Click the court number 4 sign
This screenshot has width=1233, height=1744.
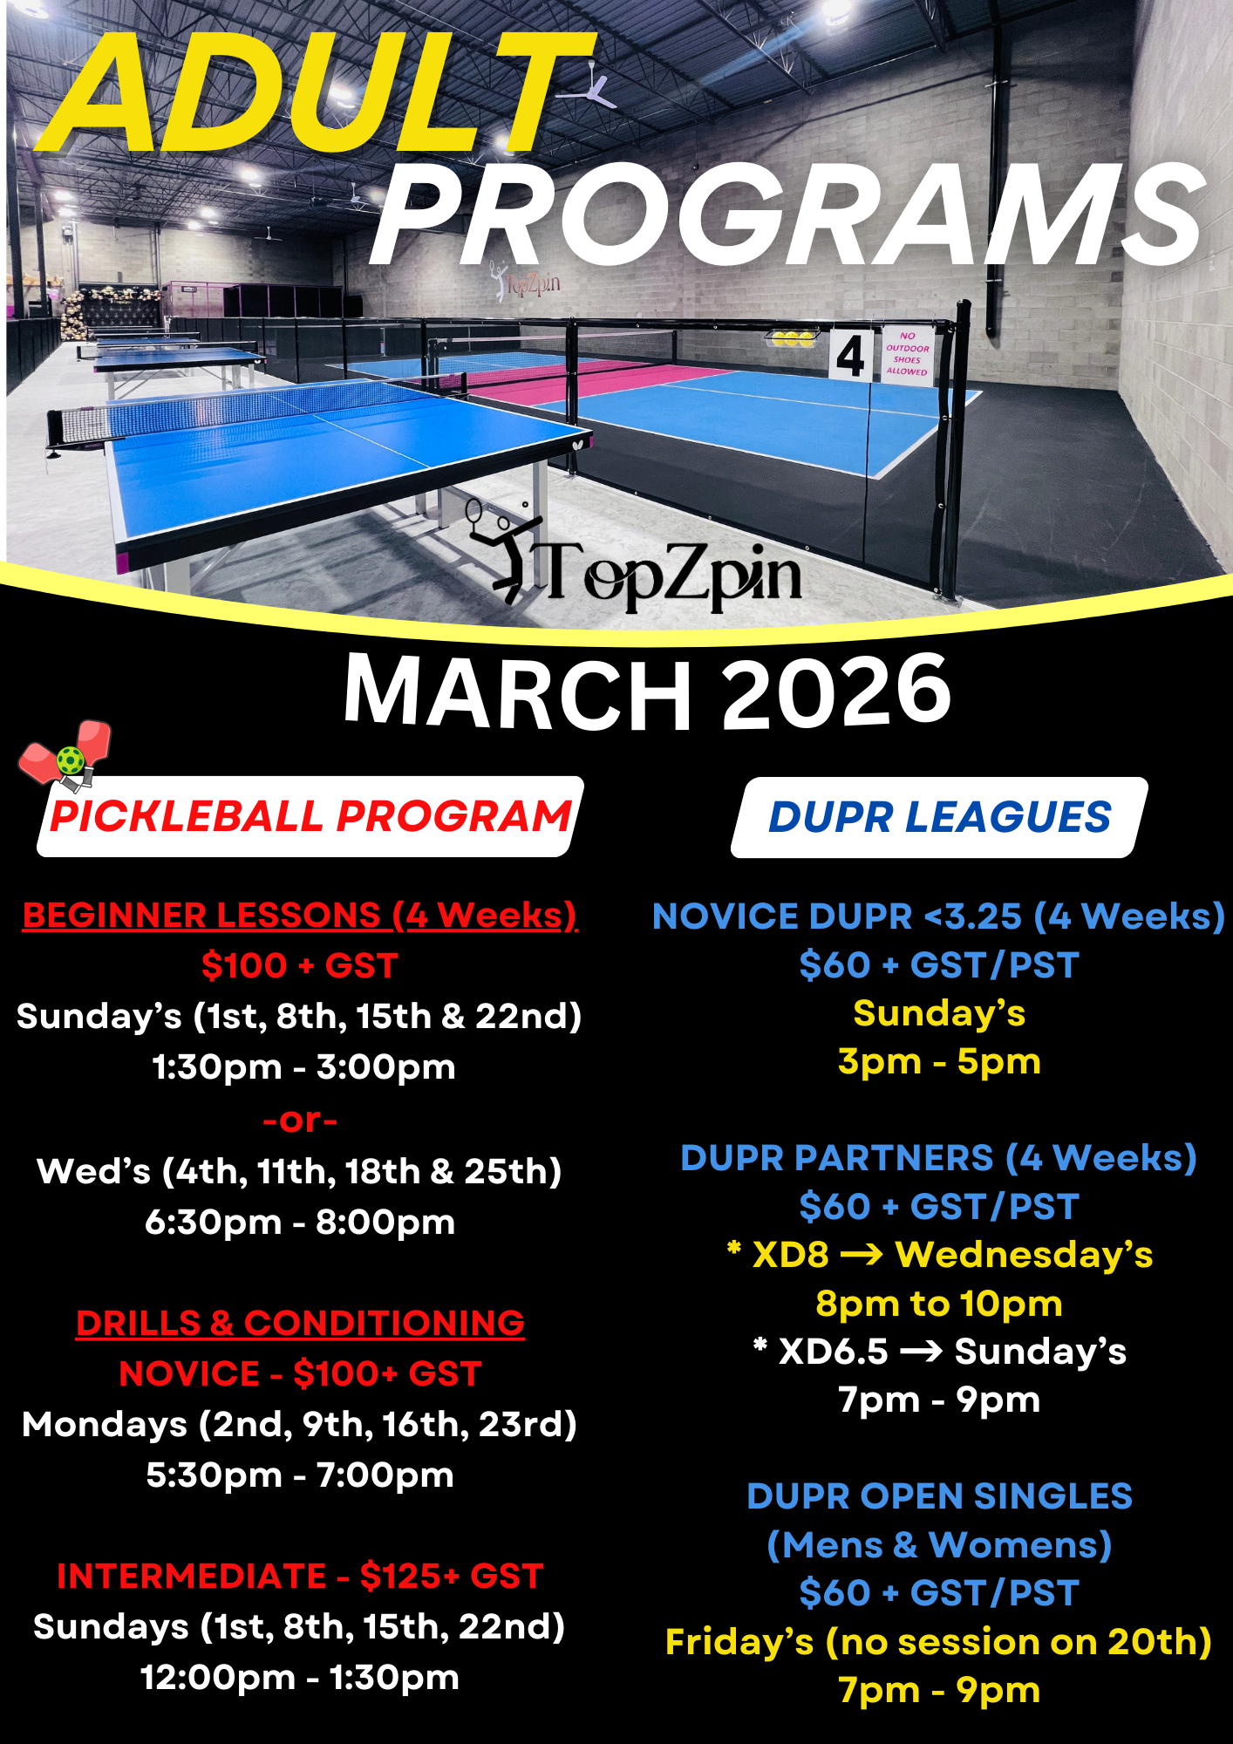pyautogui.click(x=849, y=356)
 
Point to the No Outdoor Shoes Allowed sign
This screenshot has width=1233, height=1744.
pyautogui.click(x=907, y=354)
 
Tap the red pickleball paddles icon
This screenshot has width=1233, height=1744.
pyautogui.click(x=66, y=755)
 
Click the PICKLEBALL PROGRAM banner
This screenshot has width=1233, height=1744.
pyautogui.click(x=310, y=816)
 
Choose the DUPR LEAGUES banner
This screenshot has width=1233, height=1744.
pyautogui.click(x=939, y=817)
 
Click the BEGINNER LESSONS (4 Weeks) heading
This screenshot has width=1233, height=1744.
pyautogui.click(x=300, y=916)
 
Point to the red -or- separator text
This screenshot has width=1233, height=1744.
pyautogui.click(x=300, y=1120)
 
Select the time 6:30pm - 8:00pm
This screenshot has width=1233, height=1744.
pyautogui.click(x=300, y=1223)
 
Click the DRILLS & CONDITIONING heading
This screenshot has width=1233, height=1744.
pyautogui.click(x=300, y=1324)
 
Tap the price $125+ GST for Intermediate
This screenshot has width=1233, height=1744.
pyautogui.click(x=452, y=1577)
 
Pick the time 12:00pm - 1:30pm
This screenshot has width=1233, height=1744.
pyautogui.click(x=300, y=1678)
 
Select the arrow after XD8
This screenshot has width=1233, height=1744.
pyautogui.click(x=862, y=1255)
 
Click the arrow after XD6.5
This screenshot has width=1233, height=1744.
pyautogui.click(x=921, y=1352)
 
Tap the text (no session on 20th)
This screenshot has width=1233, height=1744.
pyautogui.click(x=1018, y=1642)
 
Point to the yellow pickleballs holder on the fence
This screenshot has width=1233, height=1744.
pyautogui.click(x=790, y=338)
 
